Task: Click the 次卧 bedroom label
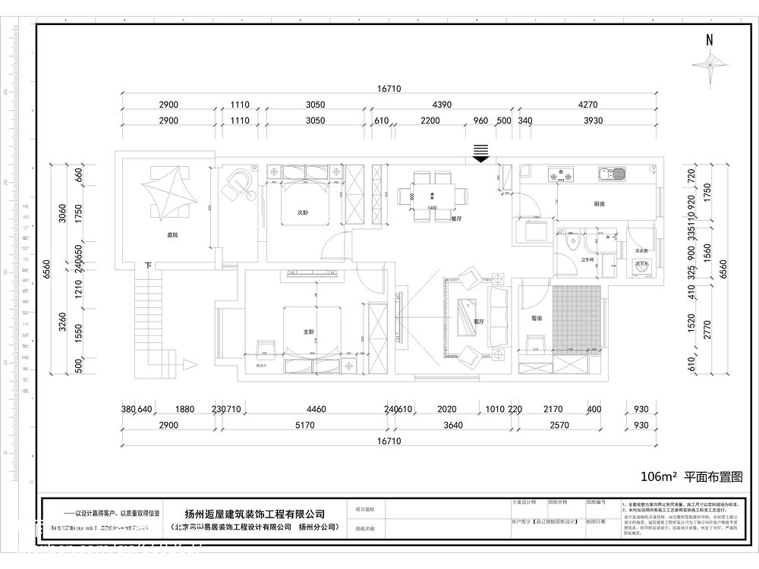pyautogui.click(x=301, y=213)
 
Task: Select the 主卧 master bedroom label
pyautogui.click(x=309, y=332)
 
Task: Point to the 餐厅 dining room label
pyautogui.click(x=456, y=218)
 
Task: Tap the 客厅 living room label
pyautogui.click(x=479, y=321)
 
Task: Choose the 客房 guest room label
pyautogui.click(x=536, y=318)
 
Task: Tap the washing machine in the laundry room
pyautogui.click(x=641, y=266)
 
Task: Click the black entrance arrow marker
pyautogui.click(x=480, y=153)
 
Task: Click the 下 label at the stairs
pyautogui.click(x=148, y=266)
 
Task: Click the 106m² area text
pyautogui.click(x=658, y=476)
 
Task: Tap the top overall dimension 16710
pyautogui.click(x=389, y=89)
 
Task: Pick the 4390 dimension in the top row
pyautogui.click(x=432, y=105)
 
